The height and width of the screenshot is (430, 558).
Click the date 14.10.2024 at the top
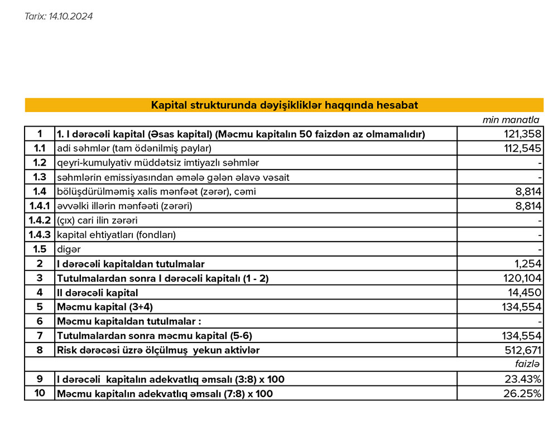click(70, 17)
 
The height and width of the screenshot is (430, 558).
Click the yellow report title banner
click(284, 105)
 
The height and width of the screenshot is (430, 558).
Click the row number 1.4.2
click(40, 220)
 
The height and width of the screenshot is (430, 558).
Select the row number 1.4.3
click(40, 235)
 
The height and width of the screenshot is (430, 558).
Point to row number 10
click(40, 394)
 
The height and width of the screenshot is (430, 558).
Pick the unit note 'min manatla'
click(511, 120)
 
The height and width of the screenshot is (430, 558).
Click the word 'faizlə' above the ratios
click(527, 365)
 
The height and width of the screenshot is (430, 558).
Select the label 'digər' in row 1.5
click(65, 249)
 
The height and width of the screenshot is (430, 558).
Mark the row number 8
click(40, 350)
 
